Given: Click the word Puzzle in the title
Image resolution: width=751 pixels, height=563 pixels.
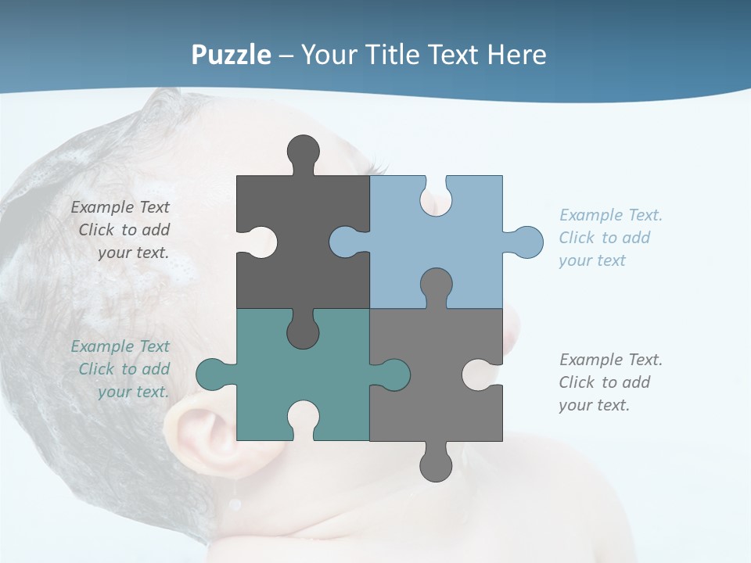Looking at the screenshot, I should coord(232,55).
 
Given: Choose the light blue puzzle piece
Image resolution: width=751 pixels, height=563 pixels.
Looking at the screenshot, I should coord(462,250).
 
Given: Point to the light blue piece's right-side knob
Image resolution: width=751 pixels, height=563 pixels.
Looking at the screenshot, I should coord(526,242).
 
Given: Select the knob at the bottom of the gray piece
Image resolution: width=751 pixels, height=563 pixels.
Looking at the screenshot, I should coord(436,464).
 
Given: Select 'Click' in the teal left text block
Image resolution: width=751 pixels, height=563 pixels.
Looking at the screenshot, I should coord(97,369).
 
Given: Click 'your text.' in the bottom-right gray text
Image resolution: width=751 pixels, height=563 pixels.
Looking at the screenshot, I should coord(594,405).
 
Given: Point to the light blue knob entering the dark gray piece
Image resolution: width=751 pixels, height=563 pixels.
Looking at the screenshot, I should coord(347,242).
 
